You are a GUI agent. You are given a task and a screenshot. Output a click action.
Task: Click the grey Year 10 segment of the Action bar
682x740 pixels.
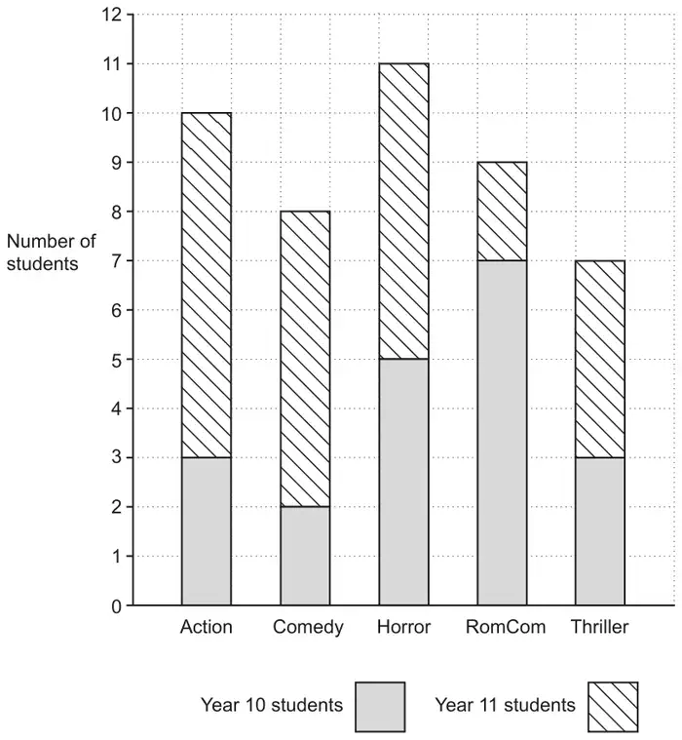tap(207, 531)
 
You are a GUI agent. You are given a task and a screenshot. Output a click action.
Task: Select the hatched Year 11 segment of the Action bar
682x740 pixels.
tap(207, 285)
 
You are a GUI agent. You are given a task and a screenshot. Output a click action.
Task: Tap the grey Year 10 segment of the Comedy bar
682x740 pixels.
tap(305, 556)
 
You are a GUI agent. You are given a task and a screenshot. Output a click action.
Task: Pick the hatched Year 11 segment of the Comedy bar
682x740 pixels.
tap(305, 359)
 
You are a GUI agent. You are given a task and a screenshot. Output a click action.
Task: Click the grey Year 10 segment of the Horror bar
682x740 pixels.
tap(403, 482)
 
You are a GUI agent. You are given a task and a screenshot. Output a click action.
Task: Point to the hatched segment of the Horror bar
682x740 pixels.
tap(403, 212)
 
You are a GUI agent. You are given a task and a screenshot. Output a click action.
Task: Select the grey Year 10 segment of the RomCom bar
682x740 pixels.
tap(502, 433)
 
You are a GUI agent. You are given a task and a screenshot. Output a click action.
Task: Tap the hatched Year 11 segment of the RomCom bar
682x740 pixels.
tap(502, 212)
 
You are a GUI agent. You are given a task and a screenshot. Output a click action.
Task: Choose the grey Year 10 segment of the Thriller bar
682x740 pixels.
tap(600, 531)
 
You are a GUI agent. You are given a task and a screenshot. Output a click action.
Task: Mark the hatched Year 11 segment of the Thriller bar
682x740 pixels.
tap(600, 359)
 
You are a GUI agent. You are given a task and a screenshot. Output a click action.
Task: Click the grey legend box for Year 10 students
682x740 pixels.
tap(380, 707)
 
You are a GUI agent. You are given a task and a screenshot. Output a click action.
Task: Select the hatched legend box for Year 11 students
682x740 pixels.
tap(613, 707)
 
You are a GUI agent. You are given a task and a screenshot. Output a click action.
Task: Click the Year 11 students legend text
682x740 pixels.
tap(505, 705)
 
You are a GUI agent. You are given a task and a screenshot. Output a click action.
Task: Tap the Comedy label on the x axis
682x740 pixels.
tap(308, 628)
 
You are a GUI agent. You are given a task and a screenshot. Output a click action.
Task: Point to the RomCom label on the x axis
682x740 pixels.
tap(506, 627)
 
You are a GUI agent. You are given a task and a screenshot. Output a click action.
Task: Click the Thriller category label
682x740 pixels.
tap(600, 627)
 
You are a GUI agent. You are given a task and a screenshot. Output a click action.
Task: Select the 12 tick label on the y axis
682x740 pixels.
tap(111, 15)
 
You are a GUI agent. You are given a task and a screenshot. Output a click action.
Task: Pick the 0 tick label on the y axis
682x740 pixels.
tap(117, 606)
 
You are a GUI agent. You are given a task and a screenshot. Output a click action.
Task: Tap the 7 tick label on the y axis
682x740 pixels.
tap(117, 261)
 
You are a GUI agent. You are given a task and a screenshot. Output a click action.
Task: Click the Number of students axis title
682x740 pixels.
tap(51, 253)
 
